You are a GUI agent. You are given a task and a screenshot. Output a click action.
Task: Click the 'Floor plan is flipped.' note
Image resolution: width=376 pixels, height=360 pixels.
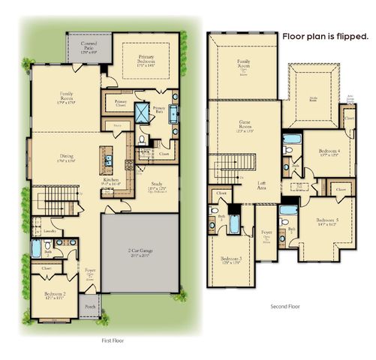(325, 36)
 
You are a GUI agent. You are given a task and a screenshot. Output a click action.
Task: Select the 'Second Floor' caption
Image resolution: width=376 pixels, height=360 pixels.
(285, 306)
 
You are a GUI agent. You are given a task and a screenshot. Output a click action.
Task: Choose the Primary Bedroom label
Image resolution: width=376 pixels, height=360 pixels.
(151, 61)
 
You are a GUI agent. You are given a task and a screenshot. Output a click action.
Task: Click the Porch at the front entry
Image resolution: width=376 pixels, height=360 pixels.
(91, 307)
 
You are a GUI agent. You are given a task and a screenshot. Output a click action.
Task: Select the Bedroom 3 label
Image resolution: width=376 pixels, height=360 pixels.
(230, 259)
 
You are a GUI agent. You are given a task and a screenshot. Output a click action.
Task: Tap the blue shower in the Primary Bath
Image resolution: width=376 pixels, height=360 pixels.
(140, 113)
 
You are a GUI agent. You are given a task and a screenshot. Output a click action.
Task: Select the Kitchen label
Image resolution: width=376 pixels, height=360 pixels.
(111, 181)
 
